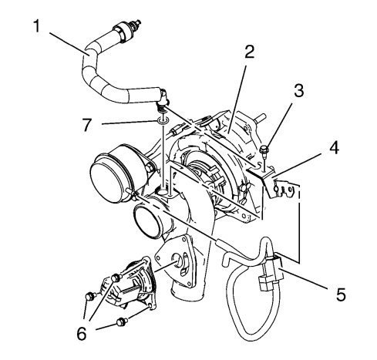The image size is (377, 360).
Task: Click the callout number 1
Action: tap(37, 26)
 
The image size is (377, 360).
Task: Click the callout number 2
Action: tap(249, 52)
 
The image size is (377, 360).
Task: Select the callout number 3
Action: tap(298, 91)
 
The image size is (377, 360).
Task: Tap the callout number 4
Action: tap(334, 148)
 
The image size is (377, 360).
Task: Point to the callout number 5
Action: tap(341, 294)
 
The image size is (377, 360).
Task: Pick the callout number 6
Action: tap(82, 334)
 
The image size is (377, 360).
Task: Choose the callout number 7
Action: tap(87, 125)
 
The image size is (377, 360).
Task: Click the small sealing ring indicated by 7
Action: tap(163, 120)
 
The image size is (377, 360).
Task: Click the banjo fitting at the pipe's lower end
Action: tap(163, 99)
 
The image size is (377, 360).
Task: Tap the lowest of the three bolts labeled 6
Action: tap(122, 321)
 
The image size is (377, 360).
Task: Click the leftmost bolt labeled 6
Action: tap(90, 296)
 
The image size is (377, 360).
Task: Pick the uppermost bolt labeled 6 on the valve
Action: tap(116, 278)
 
